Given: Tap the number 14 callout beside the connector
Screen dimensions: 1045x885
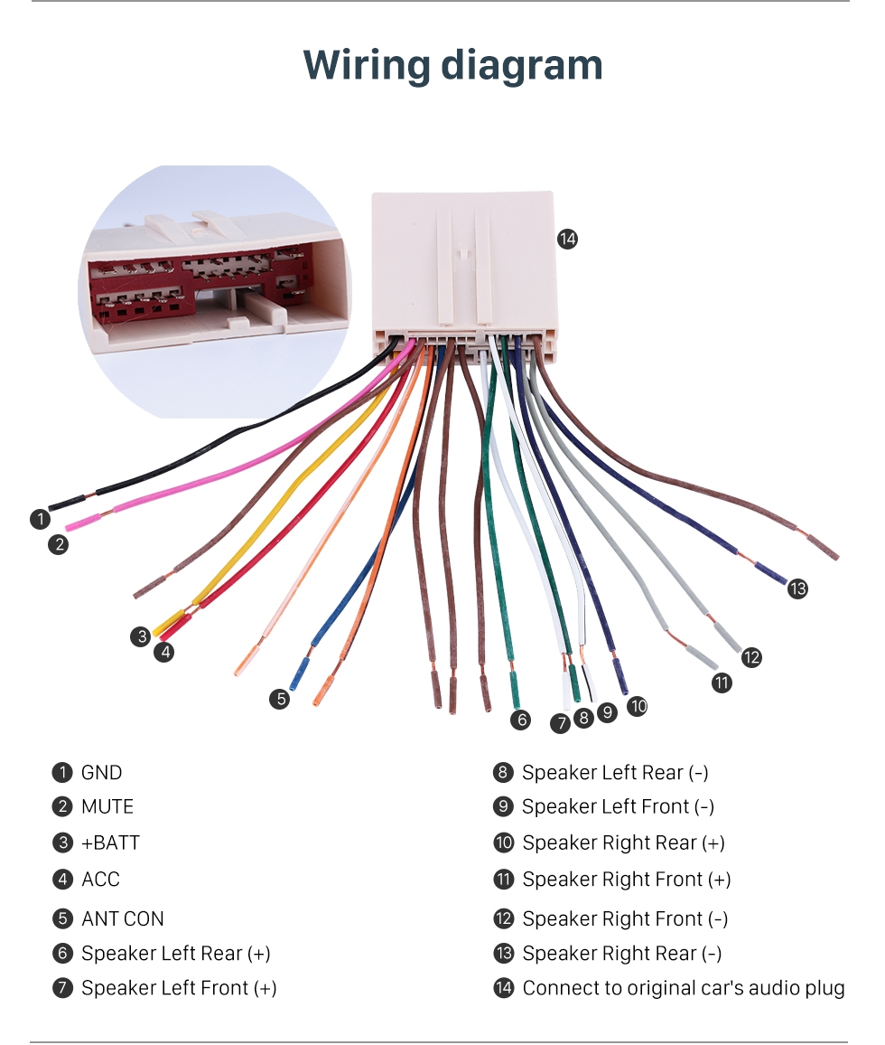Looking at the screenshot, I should point(567,239).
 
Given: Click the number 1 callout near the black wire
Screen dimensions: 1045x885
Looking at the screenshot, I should point(40,519).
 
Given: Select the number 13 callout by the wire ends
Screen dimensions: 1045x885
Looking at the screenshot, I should point(797,589).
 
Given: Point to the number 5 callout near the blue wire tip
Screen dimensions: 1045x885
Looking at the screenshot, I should point(282,698).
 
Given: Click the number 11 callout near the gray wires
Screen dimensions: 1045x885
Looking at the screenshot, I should point(722,683).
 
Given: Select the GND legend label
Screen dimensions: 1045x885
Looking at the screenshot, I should point(101,773).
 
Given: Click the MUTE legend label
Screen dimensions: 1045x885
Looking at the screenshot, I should point(107,806).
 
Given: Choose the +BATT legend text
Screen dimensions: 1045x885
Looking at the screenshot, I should point(110,843).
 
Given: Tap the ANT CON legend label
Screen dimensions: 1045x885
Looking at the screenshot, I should point(123,918).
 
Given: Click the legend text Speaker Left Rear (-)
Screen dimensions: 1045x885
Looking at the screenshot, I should point(615,773).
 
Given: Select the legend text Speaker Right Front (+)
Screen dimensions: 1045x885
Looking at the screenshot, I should point(627,879).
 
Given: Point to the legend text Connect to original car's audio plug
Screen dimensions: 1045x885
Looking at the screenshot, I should point(684,988).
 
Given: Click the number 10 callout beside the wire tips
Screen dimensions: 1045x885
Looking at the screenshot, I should point(638,706).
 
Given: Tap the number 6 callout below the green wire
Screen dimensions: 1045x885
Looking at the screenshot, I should point(520,720).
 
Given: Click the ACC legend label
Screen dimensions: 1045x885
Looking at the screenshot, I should point(100,879).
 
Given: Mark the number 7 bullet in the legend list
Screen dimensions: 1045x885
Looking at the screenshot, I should point(61,988).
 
